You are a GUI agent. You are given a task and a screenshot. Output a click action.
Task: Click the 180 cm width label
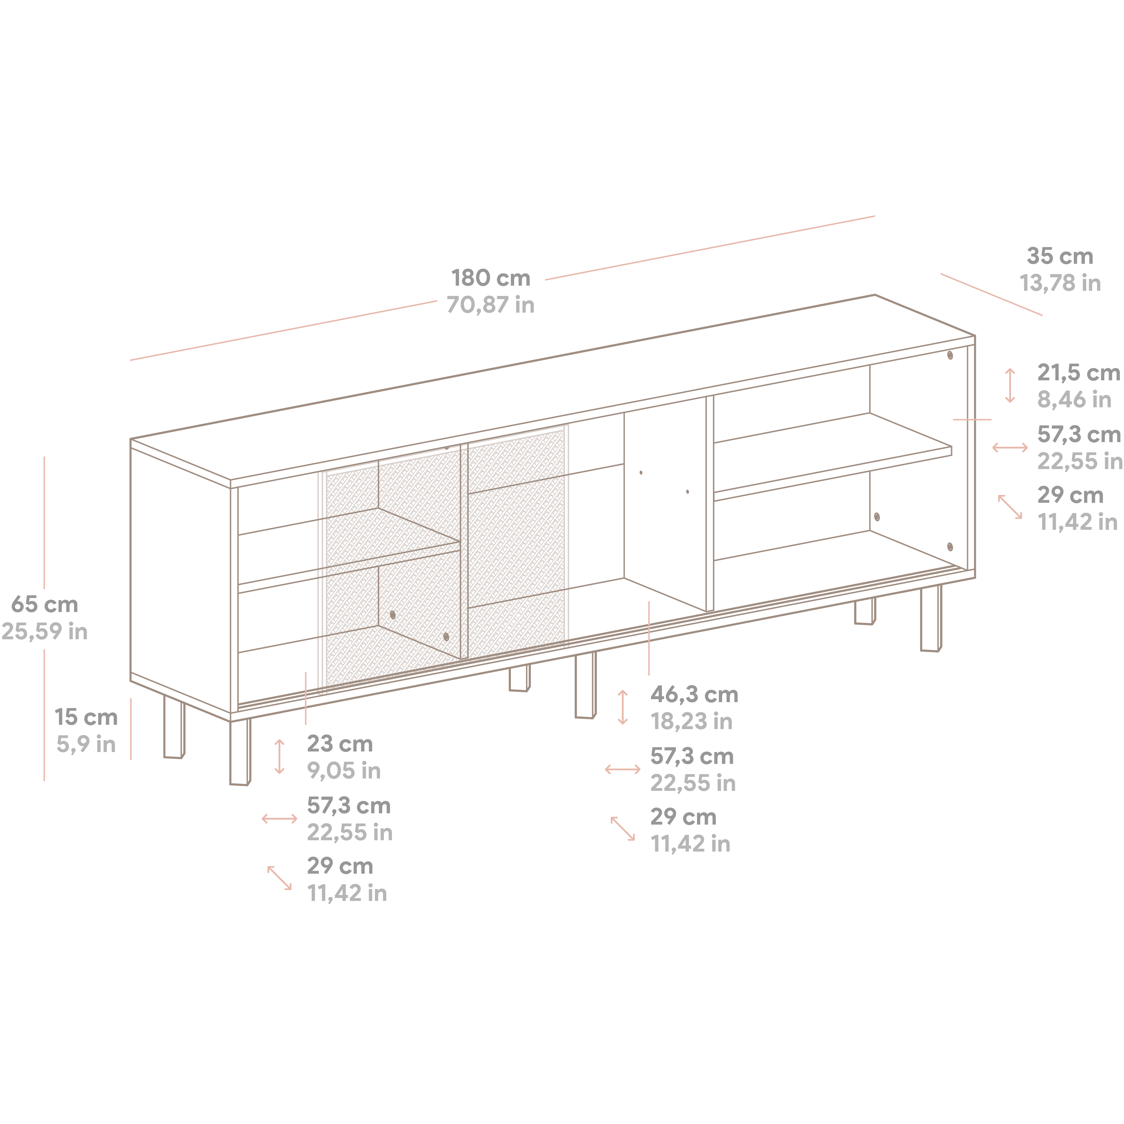coord(490,278)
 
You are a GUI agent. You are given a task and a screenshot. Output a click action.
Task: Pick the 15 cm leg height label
coord(86,717)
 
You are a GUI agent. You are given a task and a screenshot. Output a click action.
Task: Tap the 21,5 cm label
coord(1078,372)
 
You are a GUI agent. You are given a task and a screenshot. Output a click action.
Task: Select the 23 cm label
coord(340,743)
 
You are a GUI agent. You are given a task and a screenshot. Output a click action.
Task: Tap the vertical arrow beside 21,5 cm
coord(1010,385)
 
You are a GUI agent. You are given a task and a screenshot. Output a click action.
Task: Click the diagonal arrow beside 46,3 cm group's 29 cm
coord(623,828)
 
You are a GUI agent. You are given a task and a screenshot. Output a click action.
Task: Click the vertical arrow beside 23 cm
coord(279,756)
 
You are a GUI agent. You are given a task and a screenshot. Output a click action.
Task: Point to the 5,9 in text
coord(86,744)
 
